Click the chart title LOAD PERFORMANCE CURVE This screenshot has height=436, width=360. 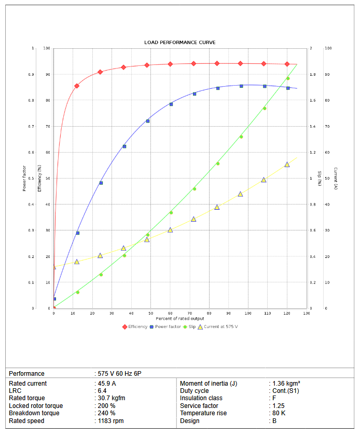coord(179,43)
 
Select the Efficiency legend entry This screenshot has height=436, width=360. coord(137,326)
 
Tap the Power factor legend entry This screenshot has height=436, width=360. coord(168,326)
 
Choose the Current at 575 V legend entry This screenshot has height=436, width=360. coord(220,326)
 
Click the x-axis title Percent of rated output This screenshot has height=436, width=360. coord(179,318)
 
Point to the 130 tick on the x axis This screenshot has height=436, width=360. coord(307,313)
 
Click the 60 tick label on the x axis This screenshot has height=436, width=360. coord(170,313)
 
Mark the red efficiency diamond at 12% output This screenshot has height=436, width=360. coord(77,86)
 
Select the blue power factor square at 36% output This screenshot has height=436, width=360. coord(124,146)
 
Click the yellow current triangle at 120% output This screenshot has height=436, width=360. coord(287,165)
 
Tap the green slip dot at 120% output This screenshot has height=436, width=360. coord(288,79)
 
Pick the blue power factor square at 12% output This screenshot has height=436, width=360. coord(78,233)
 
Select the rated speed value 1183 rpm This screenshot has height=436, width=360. coord(111,421)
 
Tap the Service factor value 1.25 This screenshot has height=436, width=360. coord(280,406)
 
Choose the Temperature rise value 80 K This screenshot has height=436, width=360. coord(279,413)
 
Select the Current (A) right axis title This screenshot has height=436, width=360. coord(336,178)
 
